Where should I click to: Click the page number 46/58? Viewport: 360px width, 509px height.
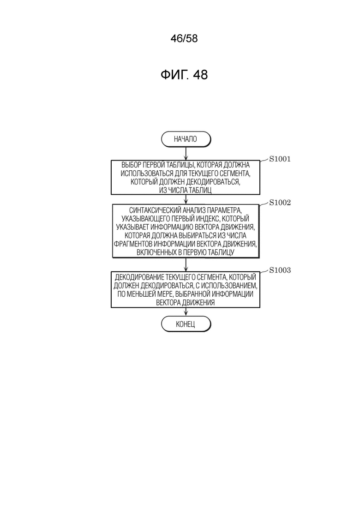[184, 39]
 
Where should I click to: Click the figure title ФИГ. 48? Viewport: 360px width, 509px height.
[184, 75]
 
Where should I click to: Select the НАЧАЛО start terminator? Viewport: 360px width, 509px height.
[186, 139]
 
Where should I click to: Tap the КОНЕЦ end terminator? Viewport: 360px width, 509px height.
[186, 324]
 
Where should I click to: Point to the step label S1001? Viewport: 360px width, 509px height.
[280, 159]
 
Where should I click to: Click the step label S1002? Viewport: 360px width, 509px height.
[280, 203]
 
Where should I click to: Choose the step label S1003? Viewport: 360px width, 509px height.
[280, 270]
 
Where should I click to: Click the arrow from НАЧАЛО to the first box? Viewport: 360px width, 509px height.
[186, 153]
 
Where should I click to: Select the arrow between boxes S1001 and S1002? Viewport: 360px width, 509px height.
[186, 199]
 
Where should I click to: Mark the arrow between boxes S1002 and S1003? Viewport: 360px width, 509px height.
[186, 264]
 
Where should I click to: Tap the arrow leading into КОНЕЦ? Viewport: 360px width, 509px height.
[186, 311]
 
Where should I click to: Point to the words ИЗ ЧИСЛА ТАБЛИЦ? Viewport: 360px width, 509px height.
[186, 190]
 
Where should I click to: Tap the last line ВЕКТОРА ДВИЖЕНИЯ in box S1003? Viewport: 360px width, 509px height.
[186, 303]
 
